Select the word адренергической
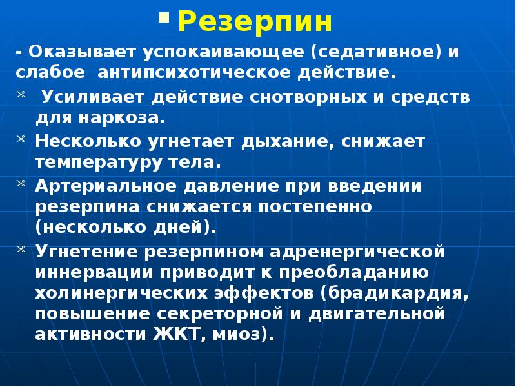coord(364,250)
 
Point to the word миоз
coord(245,335)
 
